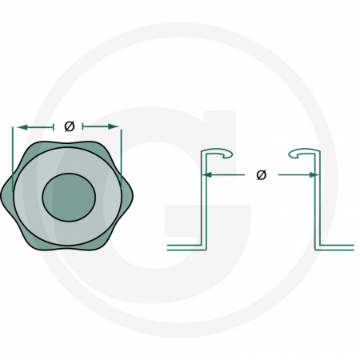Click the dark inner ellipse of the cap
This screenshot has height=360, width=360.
point(69,195)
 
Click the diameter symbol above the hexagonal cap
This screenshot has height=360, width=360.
point(68,126)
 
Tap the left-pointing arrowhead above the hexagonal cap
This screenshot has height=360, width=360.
point(20,126)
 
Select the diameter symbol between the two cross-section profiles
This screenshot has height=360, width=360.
point(261,174)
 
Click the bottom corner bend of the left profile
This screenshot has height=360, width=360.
point(201,245)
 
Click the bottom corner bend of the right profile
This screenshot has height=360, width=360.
point(319,245)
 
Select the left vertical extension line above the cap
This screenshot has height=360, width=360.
point(14,144)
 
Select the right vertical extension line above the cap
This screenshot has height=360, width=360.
point(121,144)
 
